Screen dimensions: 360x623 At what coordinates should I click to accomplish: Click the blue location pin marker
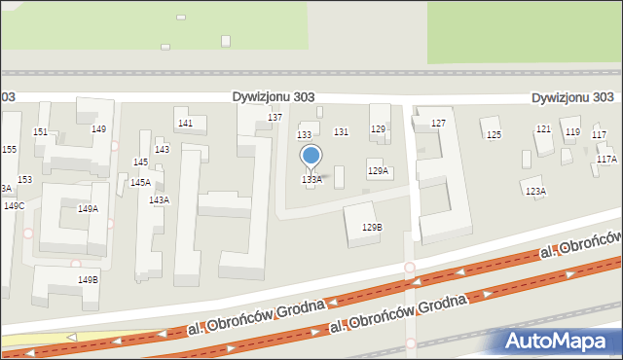pyautogui.click(x=311, y=157)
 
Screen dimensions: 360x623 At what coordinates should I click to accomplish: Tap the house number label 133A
pyautogui.click(x=311, y=180)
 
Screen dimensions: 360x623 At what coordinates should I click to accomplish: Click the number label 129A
pyautogui.click(x=378, y=171)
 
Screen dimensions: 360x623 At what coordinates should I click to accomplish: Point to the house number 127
pyautogui.click(x=438, y=124)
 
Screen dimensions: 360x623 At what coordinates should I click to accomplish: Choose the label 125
pyautogui.click(x=494, y=134)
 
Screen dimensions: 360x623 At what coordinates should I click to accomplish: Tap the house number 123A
pyautogui.click(x=535, y=192)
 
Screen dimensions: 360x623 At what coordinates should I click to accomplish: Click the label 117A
pyautogui.click(x=606, y=159)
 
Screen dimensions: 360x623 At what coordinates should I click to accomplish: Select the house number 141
pyautogui.click(x=185, y=124)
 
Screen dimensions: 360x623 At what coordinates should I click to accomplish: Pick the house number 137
pyautogui.click(x=275, y=118)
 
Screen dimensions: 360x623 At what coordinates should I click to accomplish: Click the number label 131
pyautogui.click(x=342, y=132)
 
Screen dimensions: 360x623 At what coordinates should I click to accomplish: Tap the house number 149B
pyautogui.click(x=88, y=280)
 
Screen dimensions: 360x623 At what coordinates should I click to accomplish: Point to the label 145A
pyautogui.click(x=140, y=183)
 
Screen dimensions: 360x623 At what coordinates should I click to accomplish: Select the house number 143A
pyautogui.click(x=159, y=200)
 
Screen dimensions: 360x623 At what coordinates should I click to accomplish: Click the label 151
pyautogui.click(x=40, y=132)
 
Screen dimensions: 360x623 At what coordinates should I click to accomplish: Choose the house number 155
pyautogui.click(x=9, y=150)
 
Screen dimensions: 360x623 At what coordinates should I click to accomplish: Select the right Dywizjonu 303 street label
pyautogui.click(x=572, y=98)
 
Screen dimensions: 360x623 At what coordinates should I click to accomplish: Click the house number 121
pyautogui.click(x=543, y=130)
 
